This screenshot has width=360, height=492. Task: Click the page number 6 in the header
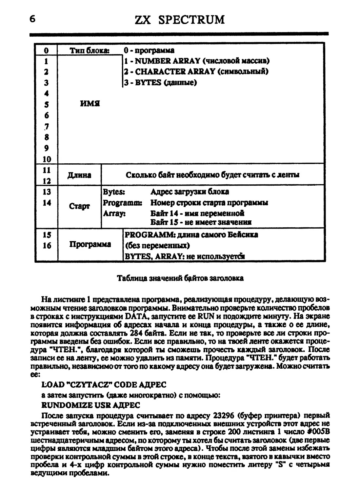[32, 19]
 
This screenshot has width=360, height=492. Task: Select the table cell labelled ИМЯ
[90, 104]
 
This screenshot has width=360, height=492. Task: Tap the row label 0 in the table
[46, 51]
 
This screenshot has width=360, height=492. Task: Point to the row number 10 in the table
[47, 159]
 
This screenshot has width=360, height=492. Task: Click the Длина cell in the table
[79, 175]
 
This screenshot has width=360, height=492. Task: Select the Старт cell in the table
[79, 206]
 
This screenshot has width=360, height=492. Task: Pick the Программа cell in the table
[90, 244]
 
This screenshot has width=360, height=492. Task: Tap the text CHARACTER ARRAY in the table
[176, 72]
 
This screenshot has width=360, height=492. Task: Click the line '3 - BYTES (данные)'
[160, 82]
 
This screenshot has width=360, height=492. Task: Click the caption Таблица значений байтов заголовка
[180, 278]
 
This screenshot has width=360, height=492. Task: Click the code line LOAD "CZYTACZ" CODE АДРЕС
[105, 384]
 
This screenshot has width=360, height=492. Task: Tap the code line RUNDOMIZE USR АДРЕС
[91, 405]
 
